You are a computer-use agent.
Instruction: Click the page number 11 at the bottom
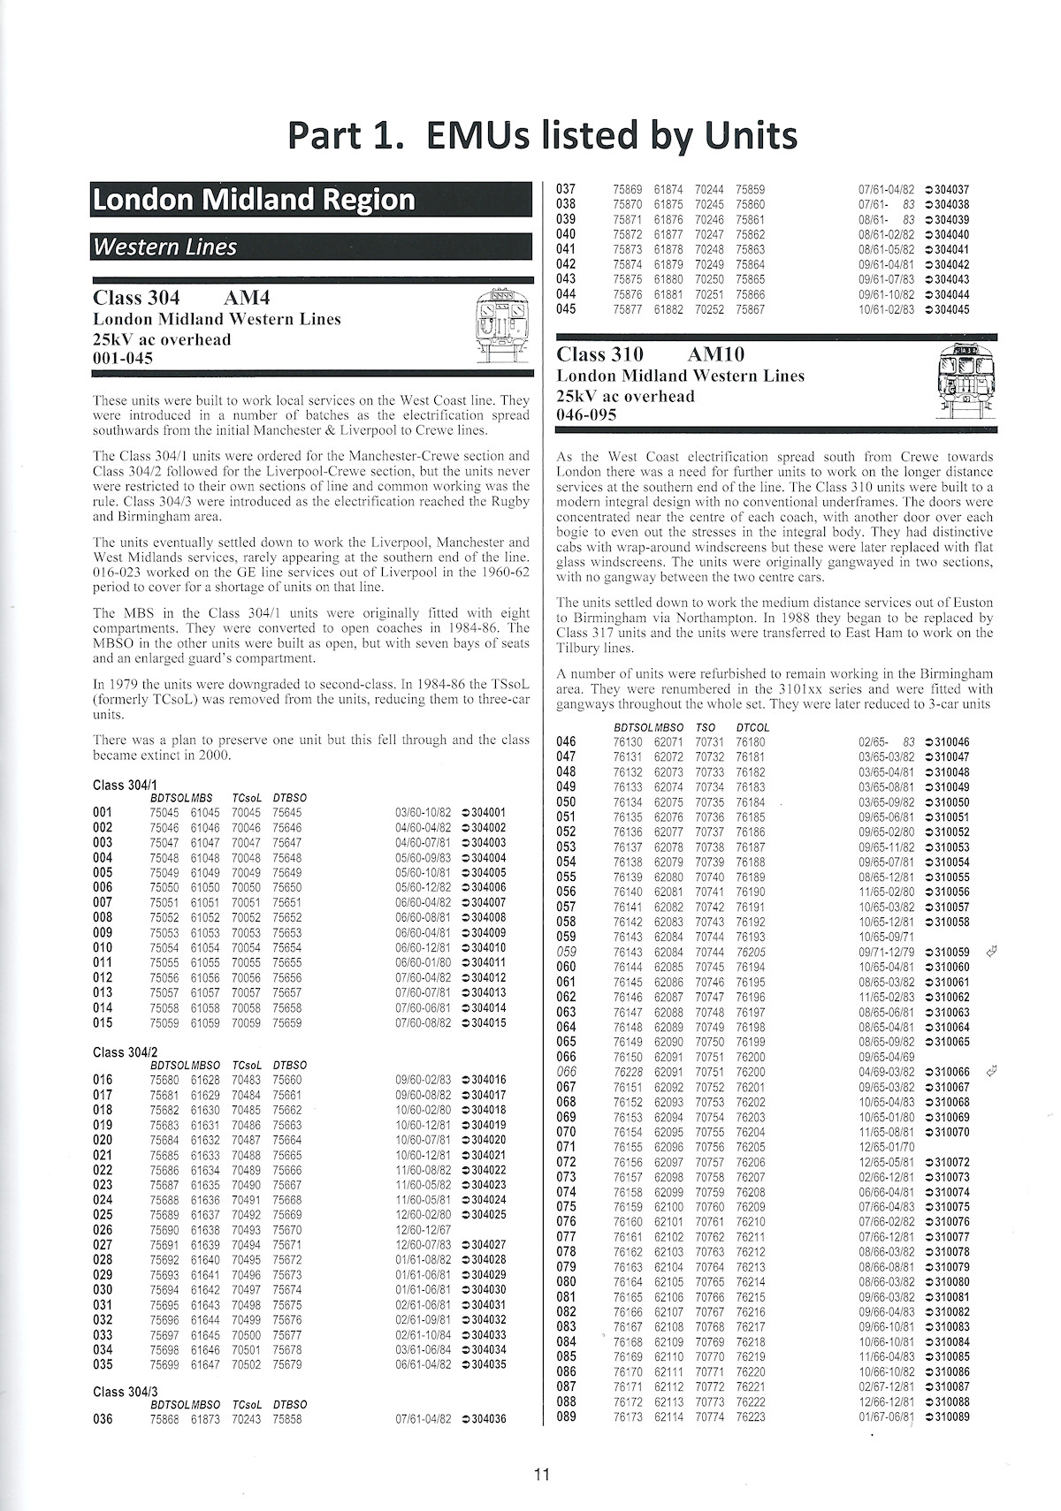point(542,1474)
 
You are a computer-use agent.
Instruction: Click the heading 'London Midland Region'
point(254,200)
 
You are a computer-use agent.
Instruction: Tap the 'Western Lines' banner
point(164,247)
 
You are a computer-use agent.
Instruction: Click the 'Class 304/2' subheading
point(125,1052)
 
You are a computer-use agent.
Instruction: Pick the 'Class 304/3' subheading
point(125,1392)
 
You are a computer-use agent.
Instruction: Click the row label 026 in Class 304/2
point(103,1230)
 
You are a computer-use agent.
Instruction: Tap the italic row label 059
point(566,952)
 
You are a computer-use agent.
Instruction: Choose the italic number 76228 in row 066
point(628,1072)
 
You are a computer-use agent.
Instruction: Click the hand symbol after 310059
point(991,952)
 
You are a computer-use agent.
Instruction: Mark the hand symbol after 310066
point(991,1072)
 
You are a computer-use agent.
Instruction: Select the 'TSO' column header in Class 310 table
point(707,727)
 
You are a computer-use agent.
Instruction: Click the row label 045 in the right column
point(566,309)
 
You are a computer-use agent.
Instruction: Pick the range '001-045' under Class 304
point(123,358)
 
